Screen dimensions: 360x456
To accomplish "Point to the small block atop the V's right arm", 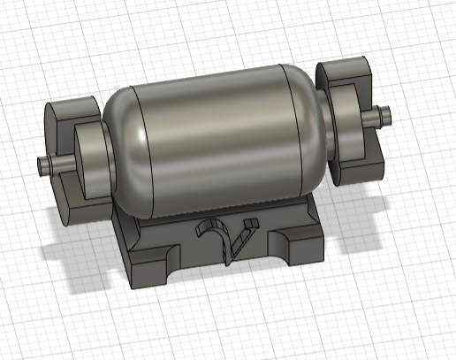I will pyautogui.click(x=250, y=221).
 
